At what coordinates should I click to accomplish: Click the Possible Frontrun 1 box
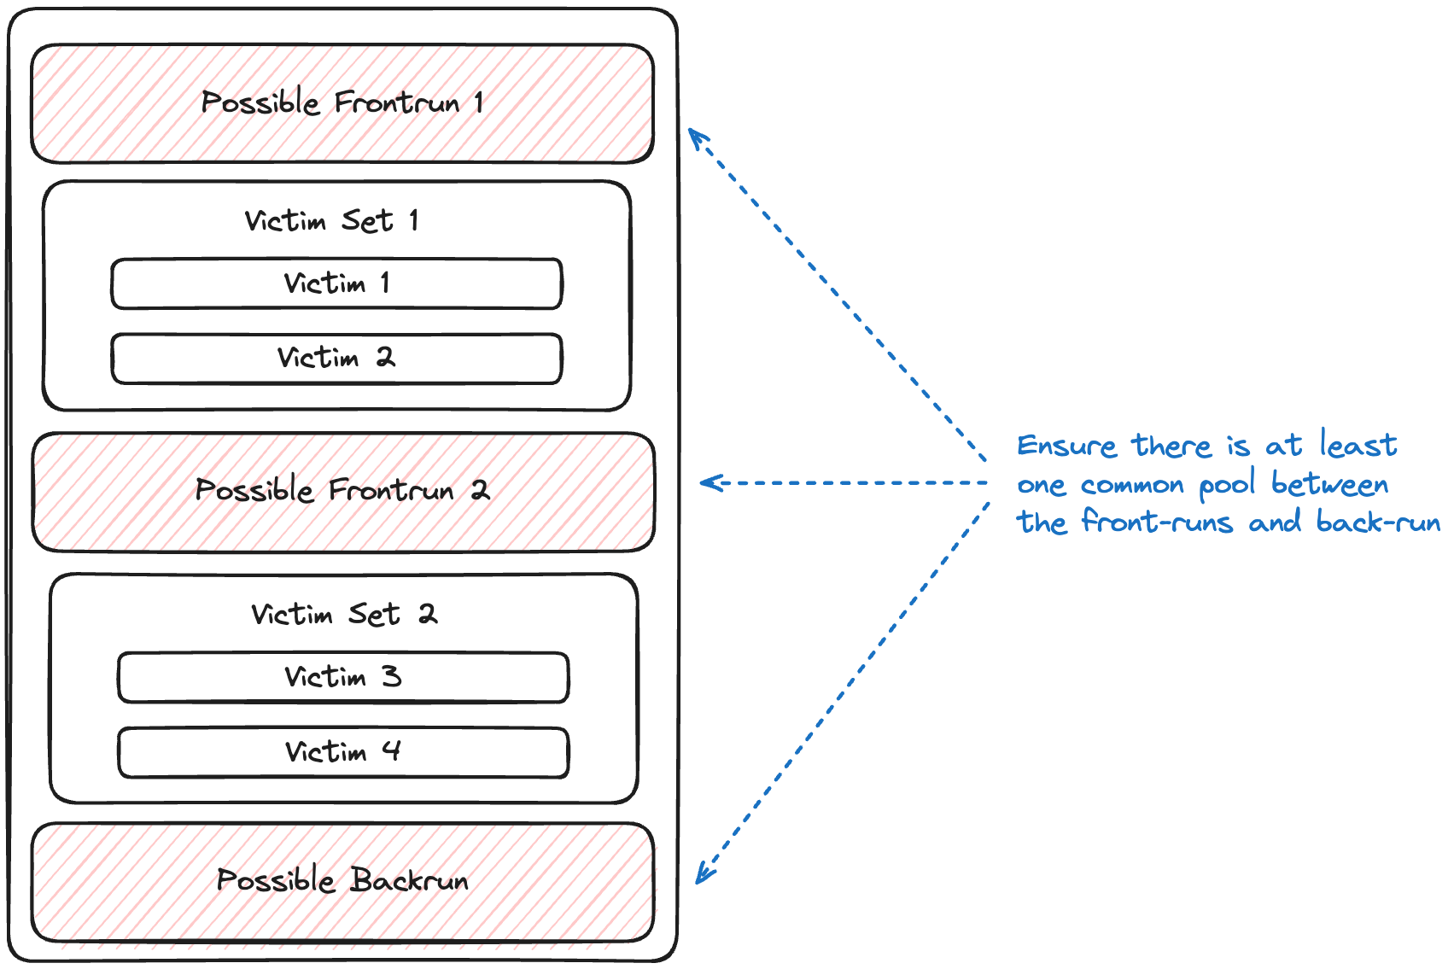tap(342, 103)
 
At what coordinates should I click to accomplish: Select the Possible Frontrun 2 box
tap(343, 492)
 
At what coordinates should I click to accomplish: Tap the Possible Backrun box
tap(342, 882)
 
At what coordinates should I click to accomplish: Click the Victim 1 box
tap(336, 283)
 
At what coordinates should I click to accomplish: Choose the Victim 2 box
tap(336, 359)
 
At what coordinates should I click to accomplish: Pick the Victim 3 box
tap(343, 677)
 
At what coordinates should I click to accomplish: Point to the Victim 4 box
tap(343, 752)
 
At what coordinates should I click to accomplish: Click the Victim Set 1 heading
tap(331, 220)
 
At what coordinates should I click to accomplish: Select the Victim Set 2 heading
tap(345, 614)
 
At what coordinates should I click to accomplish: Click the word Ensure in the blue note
tap(1066, 446)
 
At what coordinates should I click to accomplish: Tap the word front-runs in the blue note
tap(1157, 521)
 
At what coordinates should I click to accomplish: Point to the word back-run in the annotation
tap(1378, 521)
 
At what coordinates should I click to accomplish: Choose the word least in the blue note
tap(1358, 445)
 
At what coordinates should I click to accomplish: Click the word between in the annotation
tap(1329, 483)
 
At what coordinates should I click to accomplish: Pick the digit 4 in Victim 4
tap(391, 751)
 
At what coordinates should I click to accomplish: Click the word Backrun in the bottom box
tap(410, 881)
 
